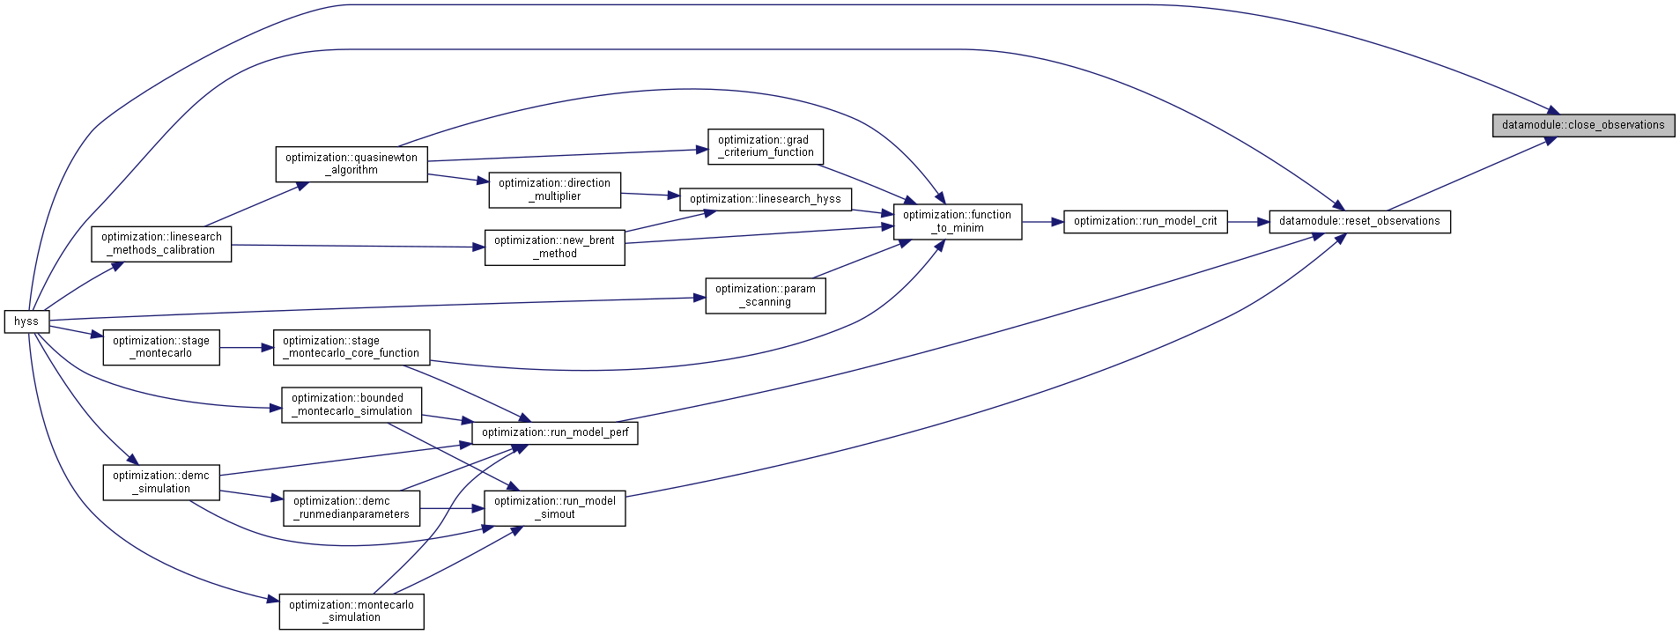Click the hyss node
click(x=26, y=321)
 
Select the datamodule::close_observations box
click(x=1583, y=125)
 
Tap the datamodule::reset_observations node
click(x=1359, y=221)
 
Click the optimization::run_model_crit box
click(x=1145, y=221)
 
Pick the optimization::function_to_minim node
click(x=958, y=221)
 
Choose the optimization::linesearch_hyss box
click(x=766, y=199)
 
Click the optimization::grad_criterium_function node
click(x=766, y=146)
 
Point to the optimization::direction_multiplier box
click(x=554, y=189)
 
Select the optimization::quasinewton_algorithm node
click(x=352, y=164)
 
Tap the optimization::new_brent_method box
click(x=555, y=247)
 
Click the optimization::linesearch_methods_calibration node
click(x=161, y=244)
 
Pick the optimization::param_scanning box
click(x=766, y=295)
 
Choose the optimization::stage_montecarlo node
click(x=161, y=347)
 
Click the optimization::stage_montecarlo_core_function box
click(x=352, y=347)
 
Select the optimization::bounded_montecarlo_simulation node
click(x=352, y=405)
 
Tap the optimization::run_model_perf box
click(x=555, y=432)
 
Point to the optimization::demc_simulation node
click(x=161, y=483)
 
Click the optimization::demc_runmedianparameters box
click(x=352, y=508)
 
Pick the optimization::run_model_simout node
click(x=555, y=508)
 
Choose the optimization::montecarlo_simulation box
click(x=352, y=611)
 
